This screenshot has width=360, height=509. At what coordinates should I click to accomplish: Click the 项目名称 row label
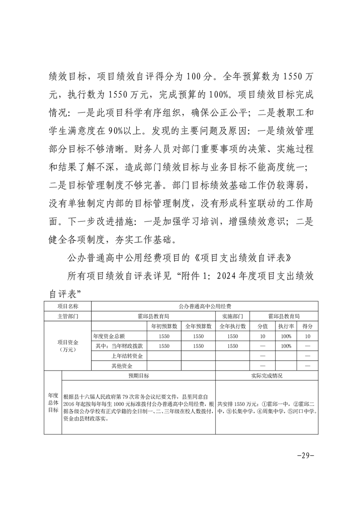coord(68,307)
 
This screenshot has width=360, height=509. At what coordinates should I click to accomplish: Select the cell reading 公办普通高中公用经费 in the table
coord(205,307)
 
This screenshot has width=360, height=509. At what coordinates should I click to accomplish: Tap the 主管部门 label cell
coord(68,316)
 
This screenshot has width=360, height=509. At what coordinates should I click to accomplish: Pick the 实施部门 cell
coord(233,316)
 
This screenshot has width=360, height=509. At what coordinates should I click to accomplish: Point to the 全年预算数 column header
coord(198,326)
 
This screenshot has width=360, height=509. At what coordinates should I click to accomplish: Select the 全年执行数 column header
coord(233,326)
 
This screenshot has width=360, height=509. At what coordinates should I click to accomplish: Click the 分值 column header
coord(263,326)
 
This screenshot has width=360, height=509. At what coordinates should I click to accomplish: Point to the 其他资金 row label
coord(121,366)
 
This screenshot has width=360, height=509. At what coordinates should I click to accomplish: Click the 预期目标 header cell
coord(138,376)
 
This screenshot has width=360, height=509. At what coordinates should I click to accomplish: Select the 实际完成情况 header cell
coord(266,376)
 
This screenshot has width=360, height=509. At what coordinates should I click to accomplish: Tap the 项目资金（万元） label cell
coord(68,346)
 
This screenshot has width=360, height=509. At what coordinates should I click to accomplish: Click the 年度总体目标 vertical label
coord(53,402)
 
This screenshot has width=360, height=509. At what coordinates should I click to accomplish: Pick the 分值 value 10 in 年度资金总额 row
coord(263,336)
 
